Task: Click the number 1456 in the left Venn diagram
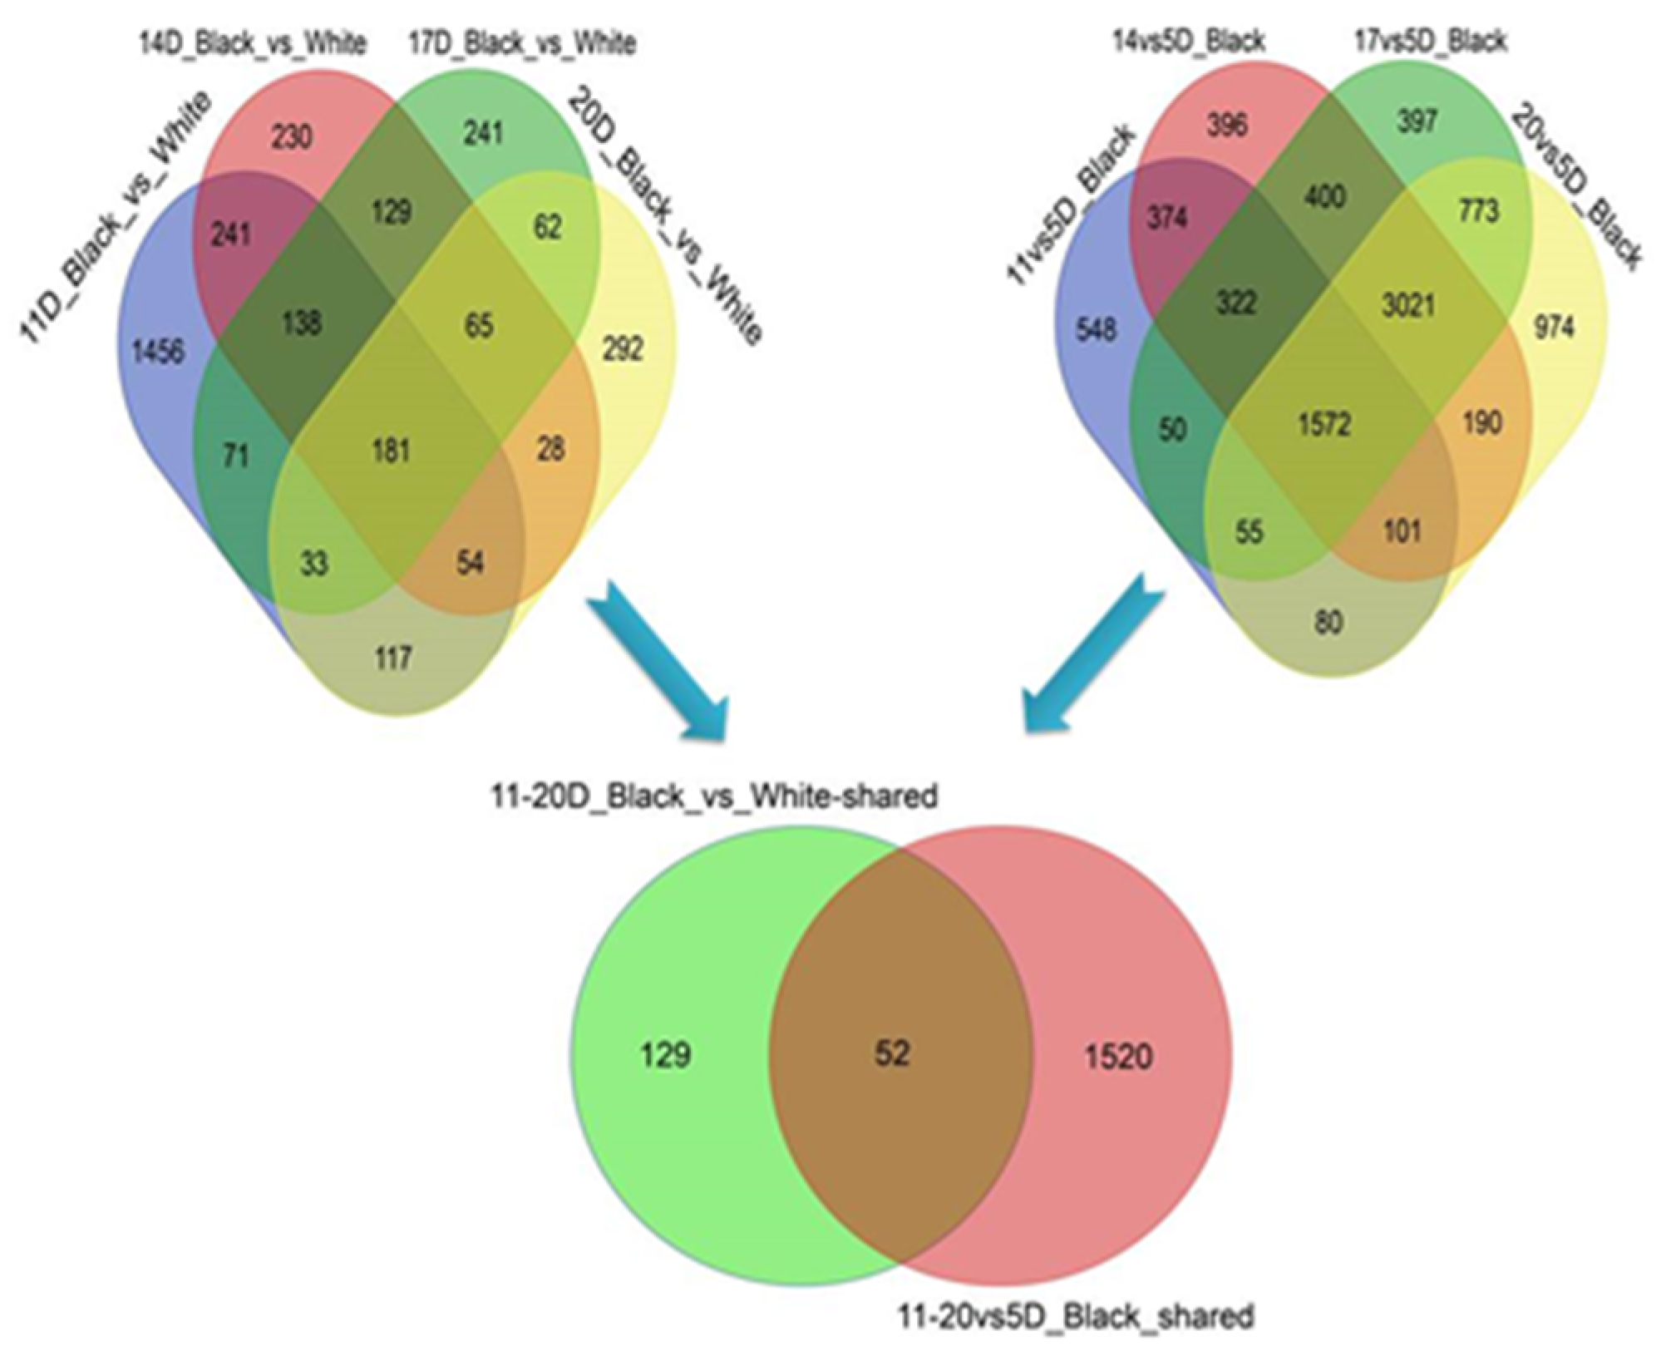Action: (158, 352)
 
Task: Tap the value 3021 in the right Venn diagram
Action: (1407, 305)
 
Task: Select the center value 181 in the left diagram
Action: (391, 451)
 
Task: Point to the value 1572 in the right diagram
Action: (1324, 425)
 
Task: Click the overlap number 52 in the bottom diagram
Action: (892, 1053)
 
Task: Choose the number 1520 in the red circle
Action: (1118, 1057)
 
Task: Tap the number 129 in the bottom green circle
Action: (666, 1055)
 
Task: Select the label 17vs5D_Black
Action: (1430, 41)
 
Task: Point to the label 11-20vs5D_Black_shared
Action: (1076, 1316)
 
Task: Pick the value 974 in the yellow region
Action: (1553, 328)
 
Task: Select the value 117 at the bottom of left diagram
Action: (392, 658)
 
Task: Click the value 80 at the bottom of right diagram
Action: (1328, 622)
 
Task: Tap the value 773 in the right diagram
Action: (1476, 210)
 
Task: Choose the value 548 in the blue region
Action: (1096, 330)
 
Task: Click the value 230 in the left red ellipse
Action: (292, 136)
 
